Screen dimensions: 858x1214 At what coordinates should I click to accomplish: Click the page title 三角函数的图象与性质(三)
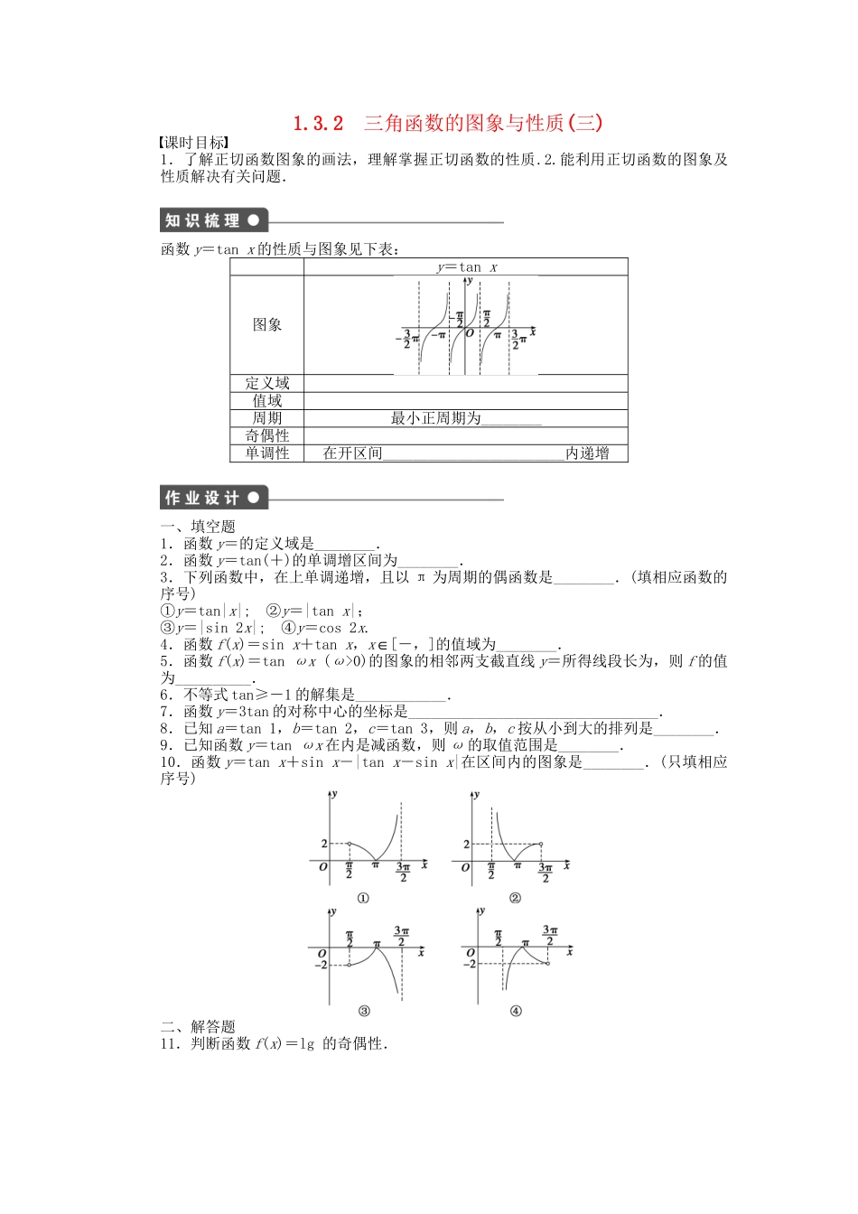(482, 123)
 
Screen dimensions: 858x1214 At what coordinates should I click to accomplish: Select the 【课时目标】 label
(192, 143)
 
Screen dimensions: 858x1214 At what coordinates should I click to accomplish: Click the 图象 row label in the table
(267, 325)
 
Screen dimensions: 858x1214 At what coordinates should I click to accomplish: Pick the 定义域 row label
(267, 383)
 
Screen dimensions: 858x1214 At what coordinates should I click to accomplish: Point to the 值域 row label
(267, 400)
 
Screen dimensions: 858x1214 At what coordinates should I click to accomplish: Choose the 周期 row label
(267, 418)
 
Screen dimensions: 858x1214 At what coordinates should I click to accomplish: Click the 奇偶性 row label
(267, 435)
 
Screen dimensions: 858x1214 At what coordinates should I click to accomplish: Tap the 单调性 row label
(267, 453)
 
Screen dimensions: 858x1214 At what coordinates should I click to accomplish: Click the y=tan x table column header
(466, 267)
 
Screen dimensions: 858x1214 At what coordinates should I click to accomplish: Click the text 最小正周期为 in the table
(435, 418)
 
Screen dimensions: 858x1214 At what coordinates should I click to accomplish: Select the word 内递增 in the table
(587, 453)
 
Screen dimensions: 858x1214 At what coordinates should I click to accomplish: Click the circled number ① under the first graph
(363, 898)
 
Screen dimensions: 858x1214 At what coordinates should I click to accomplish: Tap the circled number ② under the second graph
(515, 898)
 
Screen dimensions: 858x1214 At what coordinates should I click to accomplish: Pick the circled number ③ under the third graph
(364, 1011)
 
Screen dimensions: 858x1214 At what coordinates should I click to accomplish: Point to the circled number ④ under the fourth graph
(516, 1011)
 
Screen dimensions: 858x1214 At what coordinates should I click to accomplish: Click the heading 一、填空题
(198, 527)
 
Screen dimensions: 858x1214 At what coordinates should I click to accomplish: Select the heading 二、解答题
(198, 1027)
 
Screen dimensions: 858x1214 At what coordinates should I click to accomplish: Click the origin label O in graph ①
(323, 867)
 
